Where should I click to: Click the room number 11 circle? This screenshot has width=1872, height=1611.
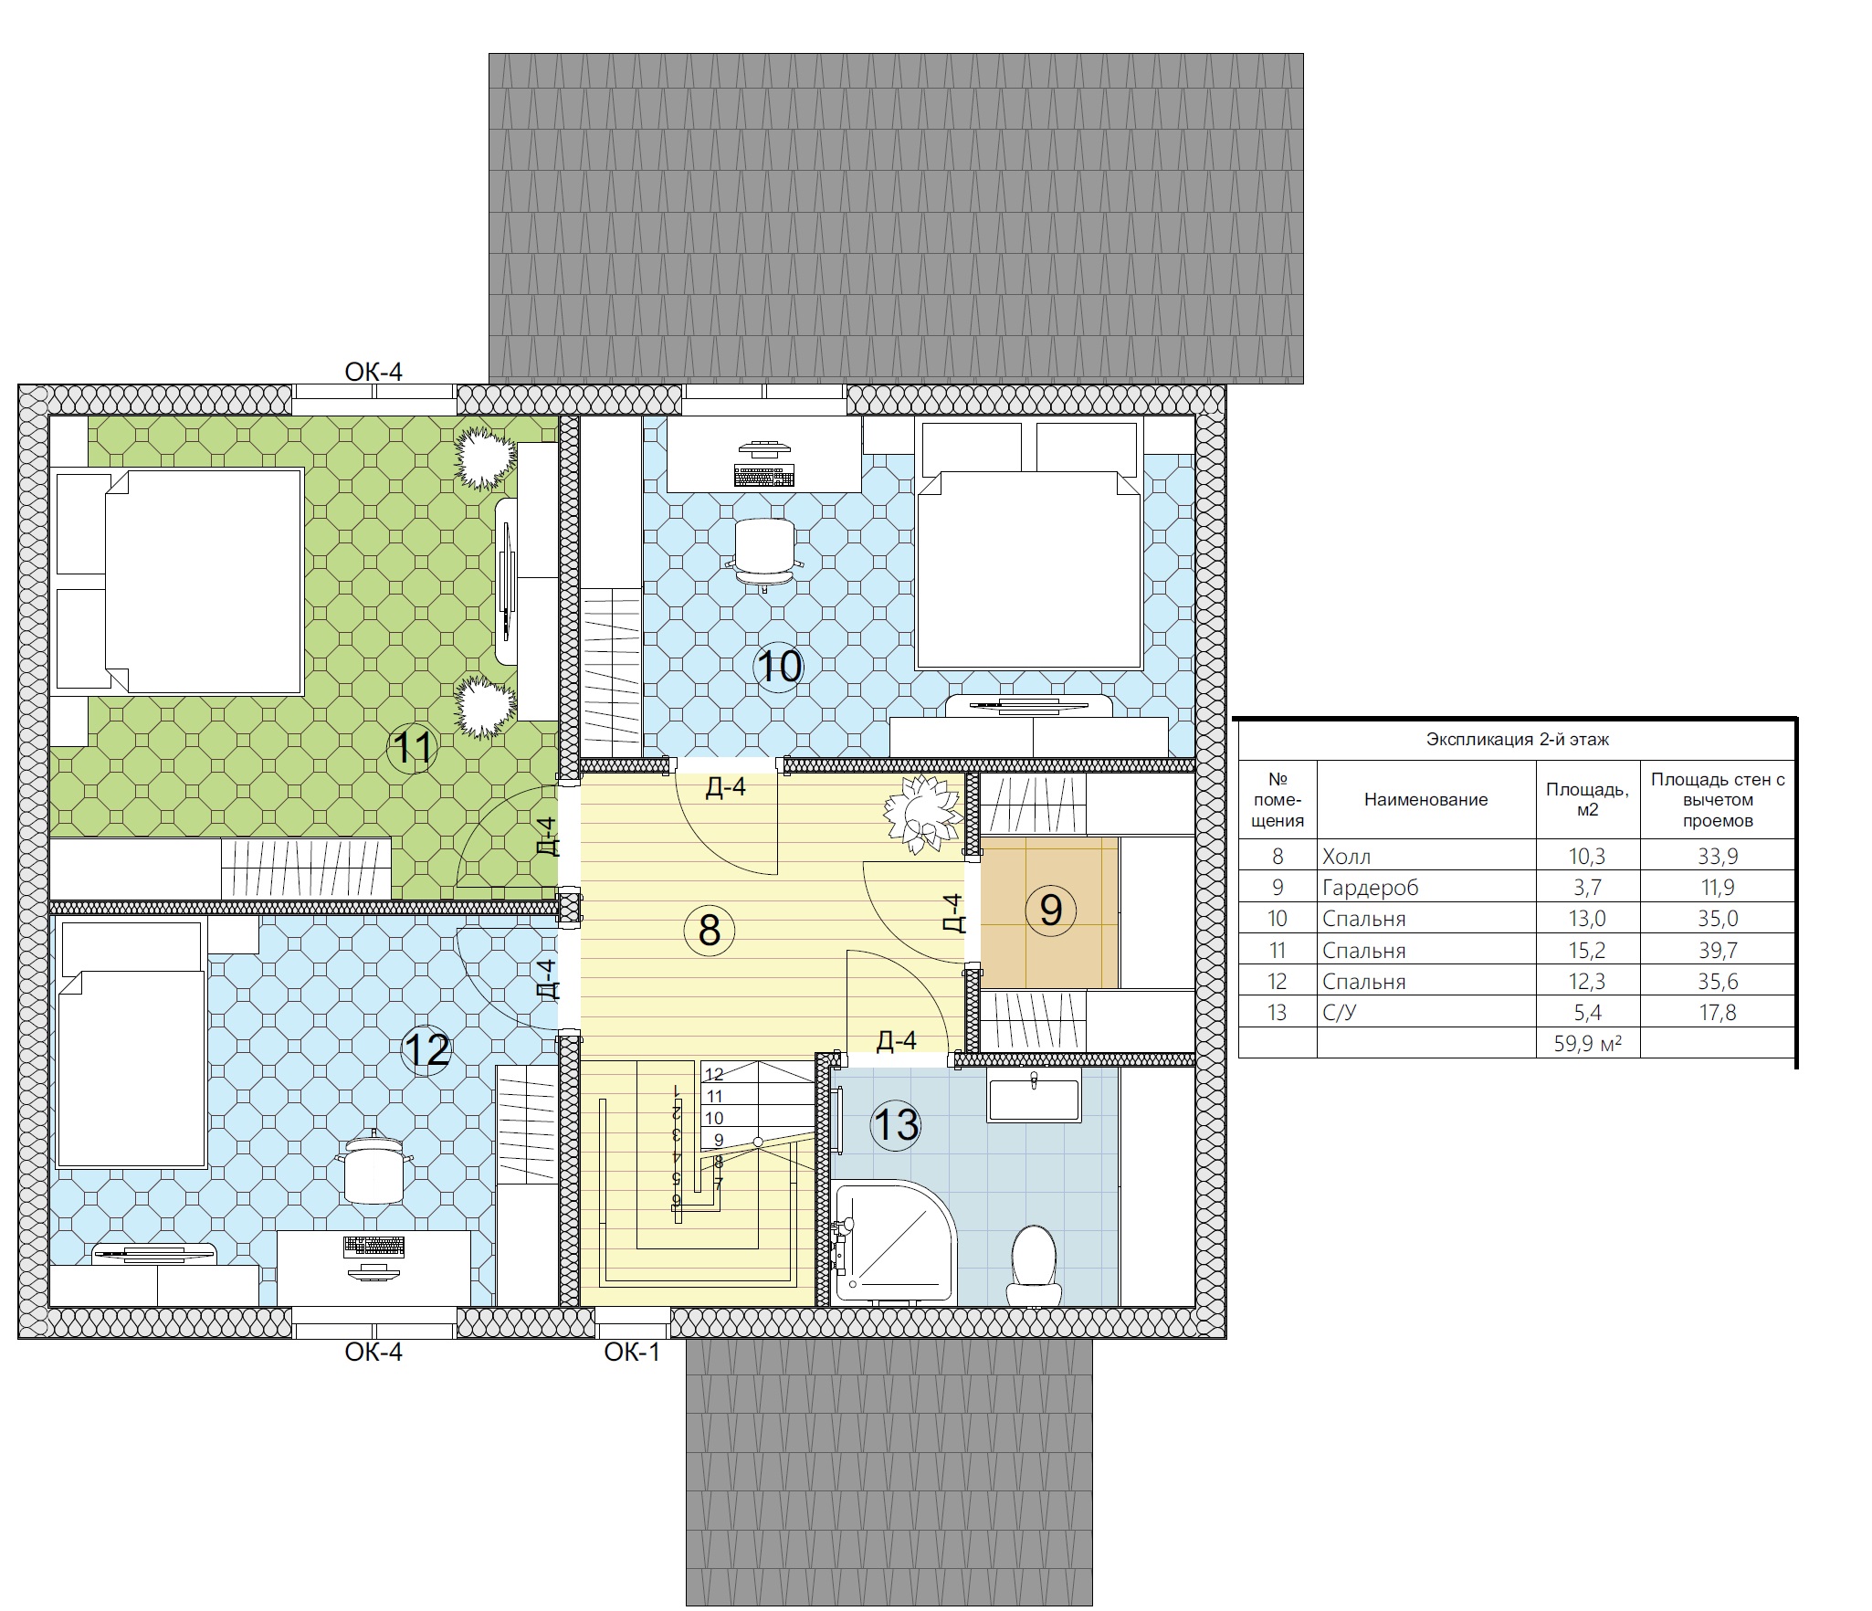[x=413, y=748]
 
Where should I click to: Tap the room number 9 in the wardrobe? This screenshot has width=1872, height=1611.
[x=1051, y=910]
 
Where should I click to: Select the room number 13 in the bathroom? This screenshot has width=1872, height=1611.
[x=896, y=1125]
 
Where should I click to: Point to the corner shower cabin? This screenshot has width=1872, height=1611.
[x=893, y=1243]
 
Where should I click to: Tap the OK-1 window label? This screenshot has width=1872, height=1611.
[x=632, y=1353]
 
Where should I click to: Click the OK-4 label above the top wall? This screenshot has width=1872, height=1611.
[x=373, y=372]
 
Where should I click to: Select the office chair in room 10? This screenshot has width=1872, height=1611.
[x=764, y=553]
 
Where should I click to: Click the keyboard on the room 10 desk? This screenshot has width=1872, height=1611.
[x=763, y=476]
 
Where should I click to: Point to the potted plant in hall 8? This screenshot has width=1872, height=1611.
[x=923, y=814]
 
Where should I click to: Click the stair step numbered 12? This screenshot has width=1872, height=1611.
[x=714, y=1075]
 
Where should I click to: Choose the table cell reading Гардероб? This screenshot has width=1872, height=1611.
[x=1370, y=888]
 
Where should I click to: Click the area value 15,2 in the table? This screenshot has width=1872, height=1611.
[x=1587, y=951]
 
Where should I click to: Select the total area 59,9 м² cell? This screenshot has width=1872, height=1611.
[x=1588, y=1043]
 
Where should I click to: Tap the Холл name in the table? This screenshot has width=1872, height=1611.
[x=1346, y=857]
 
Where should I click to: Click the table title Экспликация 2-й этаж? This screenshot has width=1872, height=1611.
[x=1518, y=740]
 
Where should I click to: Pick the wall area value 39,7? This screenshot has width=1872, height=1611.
[x=1718, y=951]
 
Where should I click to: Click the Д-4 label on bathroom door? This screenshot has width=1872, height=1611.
[x=896, y=1040]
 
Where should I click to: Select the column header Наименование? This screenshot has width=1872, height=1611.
[x=1425, y=800]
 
